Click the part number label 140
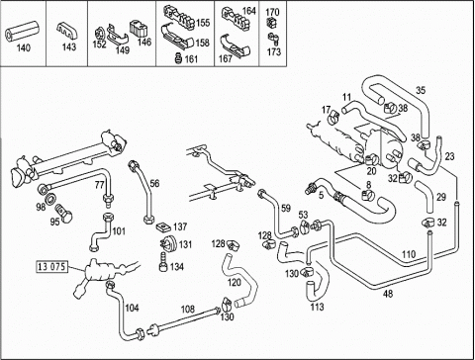[23, 47]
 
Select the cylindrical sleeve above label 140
[22, 31]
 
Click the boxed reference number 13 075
[52, 266]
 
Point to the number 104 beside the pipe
[132, 308]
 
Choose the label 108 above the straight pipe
[188, 310]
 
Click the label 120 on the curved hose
[235, 282]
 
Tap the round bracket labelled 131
[167, 244]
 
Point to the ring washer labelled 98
[51, 200]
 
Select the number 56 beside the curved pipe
[154, 183]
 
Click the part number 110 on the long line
[409, 254]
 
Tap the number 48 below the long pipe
[388, 293]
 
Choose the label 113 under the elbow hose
[317, 307]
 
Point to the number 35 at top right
[421, 90]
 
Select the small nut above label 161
[178, 57]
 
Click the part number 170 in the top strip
[272, 12]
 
